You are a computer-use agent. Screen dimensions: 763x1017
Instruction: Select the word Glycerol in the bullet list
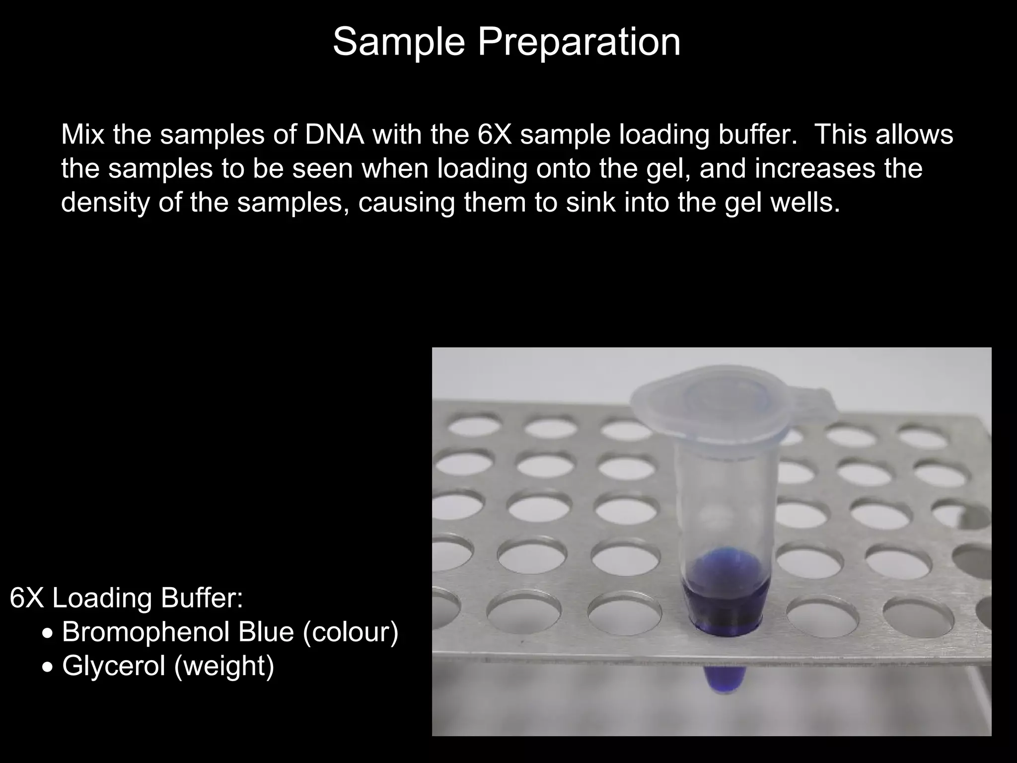pyautogui.click(x=113, y=666)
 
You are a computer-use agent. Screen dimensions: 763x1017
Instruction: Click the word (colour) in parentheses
pyautogui.click(x=351, y=632)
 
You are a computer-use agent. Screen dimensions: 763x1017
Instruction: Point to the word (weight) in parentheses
pyautogui.click(x=224, y=666)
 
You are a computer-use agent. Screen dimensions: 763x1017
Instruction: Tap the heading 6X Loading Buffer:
pyautogui.click(x=126, y=598)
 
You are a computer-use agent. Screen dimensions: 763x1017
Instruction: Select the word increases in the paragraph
pyautogui.click(x=815, y=169)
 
